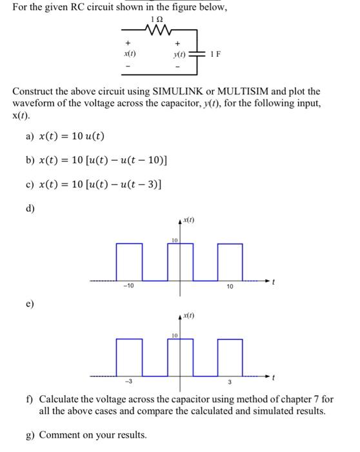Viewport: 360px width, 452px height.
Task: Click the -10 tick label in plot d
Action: [x=130, y=287]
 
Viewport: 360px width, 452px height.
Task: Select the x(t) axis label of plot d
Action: [x=190, y=221]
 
